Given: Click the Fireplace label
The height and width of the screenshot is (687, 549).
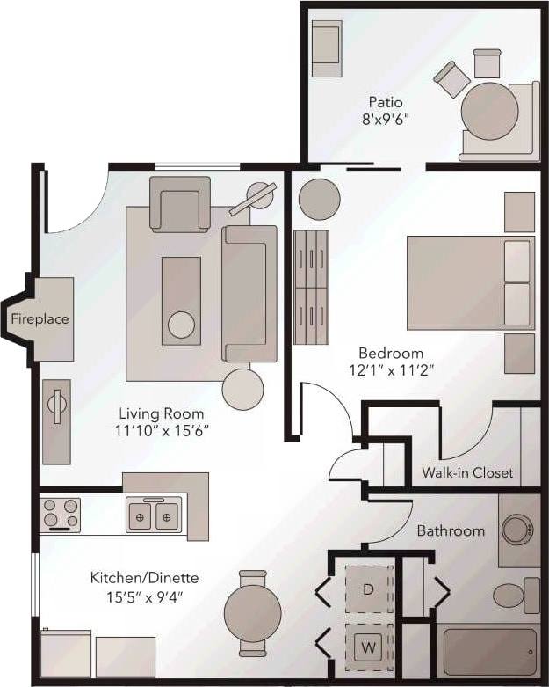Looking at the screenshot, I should pos(40,318).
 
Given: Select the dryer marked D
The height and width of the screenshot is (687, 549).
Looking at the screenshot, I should pos(368,589).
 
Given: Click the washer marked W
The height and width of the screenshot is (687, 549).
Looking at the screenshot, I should pos(368,648).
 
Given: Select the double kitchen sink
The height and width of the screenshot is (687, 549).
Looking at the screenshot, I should pos(154,515).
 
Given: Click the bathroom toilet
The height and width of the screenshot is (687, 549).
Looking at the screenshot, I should pos(511,596).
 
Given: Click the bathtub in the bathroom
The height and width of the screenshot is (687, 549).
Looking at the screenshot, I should pos(488,652).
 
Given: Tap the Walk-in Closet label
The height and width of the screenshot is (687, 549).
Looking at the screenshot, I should pos(467,472).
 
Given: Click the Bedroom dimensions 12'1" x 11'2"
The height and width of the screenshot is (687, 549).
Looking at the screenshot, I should pos(390,370).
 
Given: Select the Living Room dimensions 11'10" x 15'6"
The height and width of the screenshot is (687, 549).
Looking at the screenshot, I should pos(162,430).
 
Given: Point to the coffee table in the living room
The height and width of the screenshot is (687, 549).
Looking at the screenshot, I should pos(181,301).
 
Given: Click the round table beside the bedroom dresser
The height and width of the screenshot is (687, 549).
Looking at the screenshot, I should pos(319,200).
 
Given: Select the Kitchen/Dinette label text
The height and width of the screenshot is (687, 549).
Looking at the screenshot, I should pos(144,578).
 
